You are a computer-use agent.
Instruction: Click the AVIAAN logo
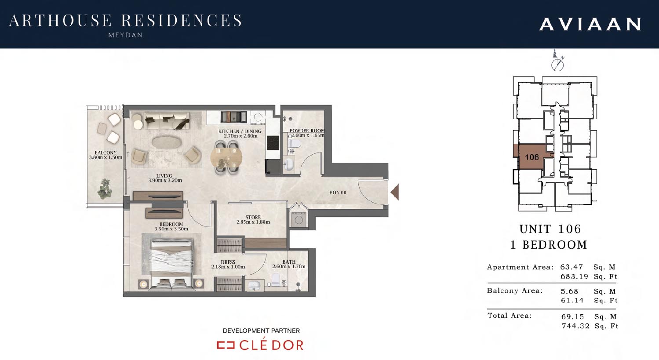590,24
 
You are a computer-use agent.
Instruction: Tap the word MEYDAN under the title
125,35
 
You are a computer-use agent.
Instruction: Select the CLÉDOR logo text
271,345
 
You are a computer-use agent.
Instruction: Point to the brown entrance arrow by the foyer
395,192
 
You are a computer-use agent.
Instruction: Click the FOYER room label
338,193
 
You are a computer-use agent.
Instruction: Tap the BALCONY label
106,153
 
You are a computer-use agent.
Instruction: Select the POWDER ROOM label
307,131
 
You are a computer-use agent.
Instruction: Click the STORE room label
253,218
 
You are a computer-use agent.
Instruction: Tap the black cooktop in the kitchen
273,143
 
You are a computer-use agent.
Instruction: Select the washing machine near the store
299,220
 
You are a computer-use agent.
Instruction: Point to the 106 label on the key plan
532,157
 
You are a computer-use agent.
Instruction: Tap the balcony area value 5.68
569,291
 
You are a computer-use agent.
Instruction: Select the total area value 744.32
575,326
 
